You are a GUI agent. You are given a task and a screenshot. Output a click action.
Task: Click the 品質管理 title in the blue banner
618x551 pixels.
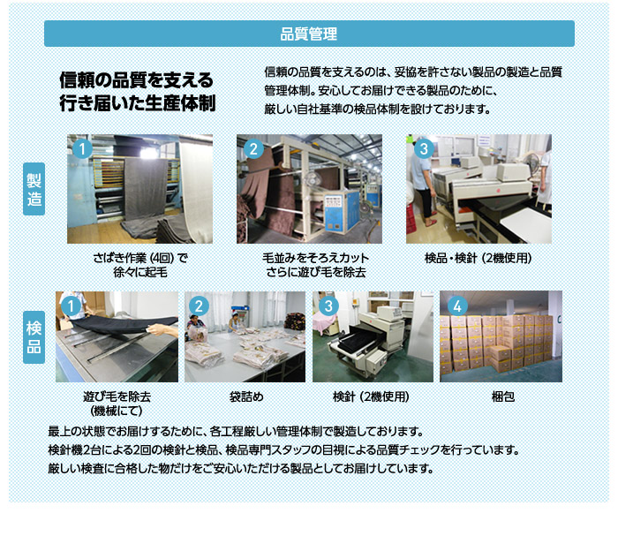(x=309, y=34)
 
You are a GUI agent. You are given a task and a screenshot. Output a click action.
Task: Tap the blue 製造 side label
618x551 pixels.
(x=34, y=189)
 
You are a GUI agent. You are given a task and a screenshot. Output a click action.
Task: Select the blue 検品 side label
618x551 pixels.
(x=34, y=337)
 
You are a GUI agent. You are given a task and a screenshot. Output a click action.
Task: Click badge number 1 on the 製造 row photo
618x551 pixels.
(x=82, y=149)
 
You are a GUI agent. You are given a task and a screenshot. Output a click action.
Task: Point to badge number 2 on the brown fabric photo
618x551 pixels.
(x=253, y=149)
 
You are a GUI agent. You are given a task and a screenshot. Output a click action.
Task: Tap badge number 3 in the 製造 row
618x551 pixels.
(x=424, y=149)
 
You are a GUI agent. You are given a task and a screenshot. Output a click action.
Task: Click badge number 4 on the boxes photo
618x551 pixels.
(x=457, y=306)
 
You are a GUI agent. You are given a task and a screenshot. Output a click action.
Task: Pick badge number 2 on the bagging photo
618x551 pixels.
(x=199, y=306)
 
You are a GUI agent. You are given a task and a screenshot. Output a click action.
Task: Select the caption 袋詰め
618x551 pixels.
(x=246, y=396)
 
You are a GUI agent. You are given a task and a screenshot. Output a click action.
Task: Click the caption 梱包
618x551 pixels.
(x=503, y=396)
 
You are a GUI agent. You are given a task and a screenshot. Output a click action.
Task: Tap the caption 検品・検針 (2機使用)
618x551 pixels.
(x=479, y=258)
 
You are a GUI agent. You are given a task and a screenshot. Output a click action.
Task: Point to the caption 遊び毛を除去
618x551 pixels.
(x=117, y=396)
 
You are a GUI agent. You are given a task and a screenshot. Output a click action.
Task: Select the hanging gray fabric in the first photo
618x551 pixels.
(x=146, y=189)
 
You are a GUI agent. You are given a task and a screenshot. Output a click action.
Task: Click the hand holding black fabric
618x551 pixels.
(x=162, y=329)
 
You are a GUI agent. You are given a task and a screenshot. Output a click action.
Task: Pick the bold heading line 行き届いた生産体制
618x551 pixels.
(x=138, y=102)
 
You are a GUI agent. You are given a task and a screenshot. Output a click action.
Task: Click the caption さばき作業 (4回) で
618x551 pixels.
(x=140, y=258)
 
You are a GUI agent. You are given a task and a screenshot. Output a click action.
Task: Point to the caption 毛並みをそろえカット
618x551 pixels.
(x=316, y=258)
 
